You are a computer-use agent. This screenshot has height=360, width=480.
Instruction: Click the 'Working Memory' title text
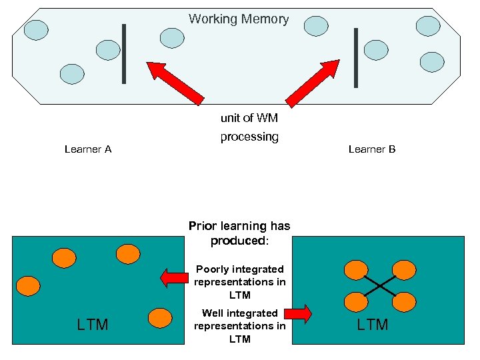click(239, 19)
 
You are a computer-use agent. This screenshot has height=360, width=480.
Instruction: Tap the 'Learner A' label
click(88, 149)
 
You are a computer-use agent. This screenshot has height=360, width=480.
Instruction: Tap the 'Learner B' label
click(372, 149)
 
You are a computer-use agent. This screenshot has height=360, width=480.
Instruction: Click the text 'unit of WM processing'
click(249, 127)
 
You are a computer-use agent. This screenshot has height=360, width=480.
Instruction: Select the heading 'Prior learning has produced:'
click(239, 233)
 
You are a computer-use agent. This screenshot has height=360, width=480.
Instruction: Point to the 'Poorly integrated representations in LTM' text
click(239, 282)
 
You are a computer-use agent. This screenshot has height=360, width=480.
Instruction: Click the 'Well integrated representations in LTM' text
click(239, 326)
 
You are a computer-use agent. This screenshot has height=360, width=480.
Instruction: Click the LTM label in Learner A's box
click(93, 325)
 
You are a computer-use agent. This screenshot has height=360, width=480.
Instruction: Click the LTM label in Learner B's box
click(372, 325)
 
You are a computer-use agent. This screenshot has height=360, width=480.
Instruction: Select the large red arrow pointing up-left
click(175, 83)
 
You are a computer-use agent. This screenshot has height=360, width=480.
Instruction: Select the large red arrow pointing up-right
click(313, 83)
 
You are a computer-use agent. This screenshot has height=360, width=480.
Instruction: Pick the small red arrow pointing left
click(173, 277)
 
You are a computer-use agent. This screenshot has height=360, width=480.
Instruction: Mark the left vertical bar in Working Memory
click(124, 53)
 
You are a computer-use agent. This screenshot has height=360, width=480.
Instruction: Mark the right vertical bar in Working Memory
click(356, 57)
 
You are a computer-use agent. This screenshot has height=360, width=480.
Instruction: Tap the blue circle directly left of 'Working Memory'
click(172, 38)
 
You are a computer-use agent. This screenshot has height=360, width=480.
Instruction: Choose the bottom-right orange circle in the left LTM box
click(160, 317)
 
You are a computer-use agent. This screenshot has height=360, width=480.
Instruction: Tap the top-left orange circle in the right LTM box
click(355, 270)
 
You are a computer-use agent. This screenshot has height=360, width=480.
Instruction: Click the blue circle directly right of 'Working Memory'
click(316, 26)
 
